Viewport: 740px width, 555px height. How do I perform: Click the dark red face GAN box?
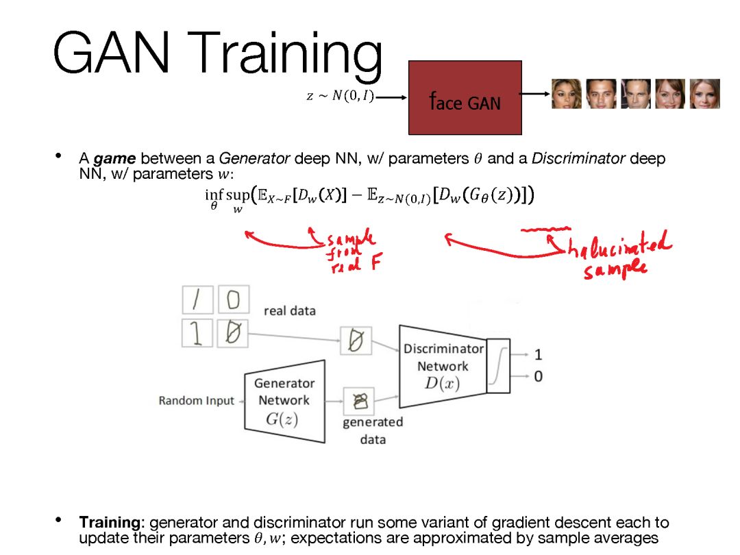tap(465, 97)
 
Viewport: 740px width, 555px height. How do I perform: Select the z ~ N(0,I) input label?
tap(340, 97)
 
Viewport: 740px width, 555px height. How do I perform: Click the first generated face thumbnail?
tap(567, 94)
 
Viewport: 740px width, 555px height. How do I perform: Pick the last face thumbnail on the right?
tap(704, 94)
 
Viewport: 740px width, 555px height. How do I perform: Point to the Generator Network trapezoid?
tap(284, 401)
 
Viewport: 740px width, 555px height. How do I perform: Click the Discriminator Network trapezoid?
tap(443, 366)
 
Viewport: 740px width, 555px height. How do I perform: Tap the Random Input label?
tap(196, 401)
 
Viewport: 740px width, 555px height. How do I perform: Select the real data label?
tap(290, 311)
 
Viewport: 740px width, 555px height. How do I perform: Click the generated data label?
tap(373, 430)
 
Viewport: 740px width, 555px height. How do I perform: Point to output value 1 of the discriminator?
tap(538, 355)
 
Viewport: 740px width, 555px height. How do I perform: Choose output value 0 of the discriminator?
tap(538, 376)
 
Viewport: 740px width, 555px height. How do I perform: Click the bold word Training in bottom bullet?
tap(110, 522)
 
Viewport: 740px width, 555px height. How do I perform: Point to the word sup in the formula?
tap(237, 197)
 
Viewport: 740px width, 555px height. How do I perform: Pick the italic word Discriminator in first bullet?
tap(578, 159)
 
